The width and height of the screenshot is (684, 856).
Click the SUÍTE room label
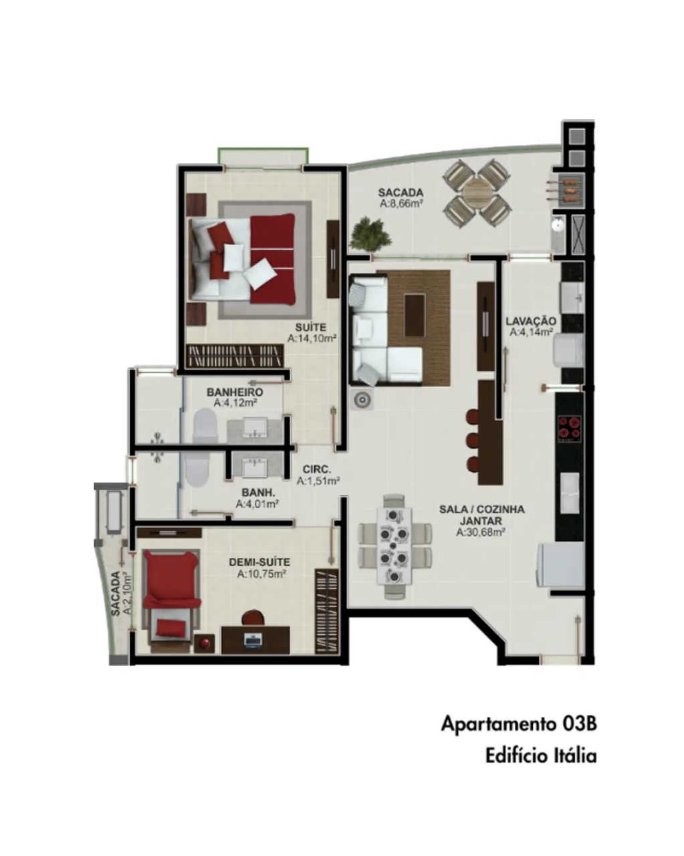pyautogui.click(x=311, y=327)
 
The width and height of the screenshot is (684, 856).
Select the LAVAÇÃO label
pyautogui.click(x=530, y=320)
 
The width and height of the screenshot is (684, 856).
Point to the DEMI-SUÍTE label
pyautogui.click(x=259, y=562)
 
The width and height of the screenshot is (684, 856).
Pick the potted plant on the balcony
pyautogui.click(x=370, y=234)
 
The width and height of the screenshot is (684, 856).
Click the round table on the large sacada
pyautogui.click(x=477, y=193)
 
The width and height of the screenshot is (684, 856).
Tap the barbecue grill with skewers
pyautogui.click(x=571, y=189)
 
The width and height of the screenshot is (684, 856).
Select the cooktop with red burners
pyautogui.click(x=570, y=428)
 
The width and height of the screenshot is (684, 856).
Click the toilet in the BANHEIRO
pyautogui.click(x=205, y=426)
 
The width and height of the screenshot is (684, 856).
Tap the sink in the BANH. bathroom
pyautogui.click(x=255, y=467)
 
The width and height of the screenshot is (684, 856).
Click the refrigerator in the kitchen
pyautogui.click(x=561, y=564)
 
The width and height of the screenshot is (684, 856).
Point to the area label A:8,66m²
pyautogui.click(x=401, y=204)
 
